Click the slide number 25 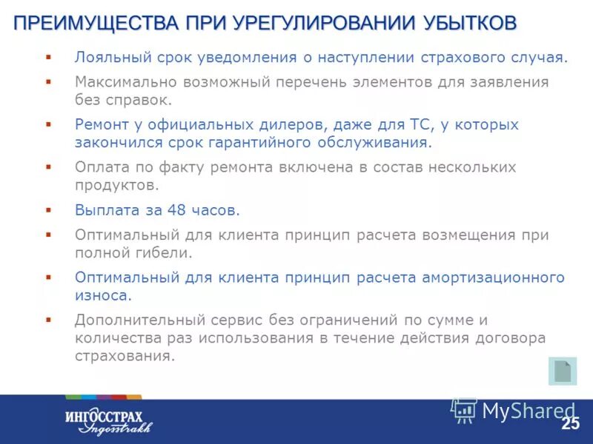570,424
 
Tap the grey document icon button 563,371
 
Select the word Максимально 122,81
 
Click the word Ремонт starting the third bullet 100,124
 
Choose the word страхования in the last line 125,355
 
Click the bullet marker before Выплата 48,209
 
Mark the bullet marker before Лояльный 48,57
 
